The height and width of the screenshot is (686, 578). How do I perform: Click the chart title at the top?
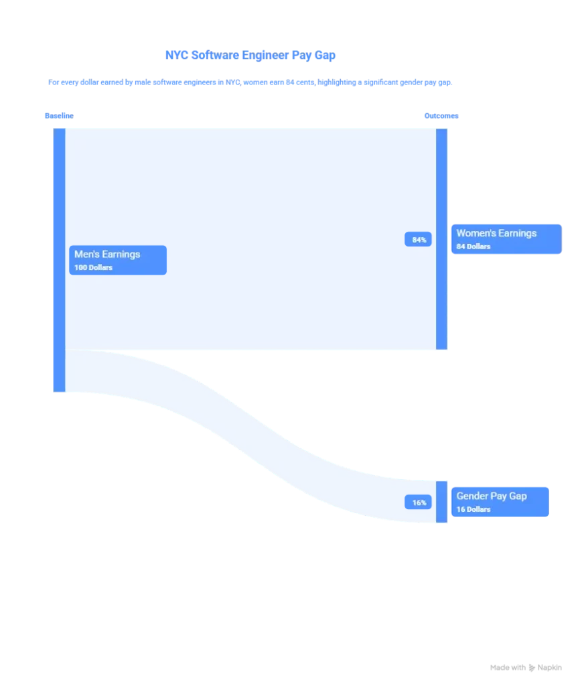tap(249, 57)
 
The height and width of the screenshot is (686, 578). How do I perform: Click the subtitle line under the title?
tap(251, 83)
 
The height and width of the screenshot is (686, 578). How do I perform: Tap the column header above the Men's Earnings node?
tap(59, 117)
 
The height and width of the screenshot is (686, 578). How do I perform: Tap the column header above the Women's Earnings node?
tap(442, 117)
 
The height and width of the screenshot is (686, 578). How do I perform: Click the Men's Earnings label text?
tap(107, 255)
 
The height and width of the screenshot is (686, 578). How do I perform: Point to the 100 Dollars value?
tap(93, 268)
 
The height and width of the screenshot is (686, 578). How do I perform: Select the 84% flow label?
tap(419, 240)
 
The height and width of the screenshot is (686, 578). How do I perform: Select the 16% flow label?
tap(419, 502)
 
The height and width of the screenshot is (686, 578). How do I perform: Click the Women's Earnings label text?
tap(496, 233)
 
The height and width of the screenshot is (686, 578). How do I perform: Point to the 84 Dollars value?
tap(474, 247)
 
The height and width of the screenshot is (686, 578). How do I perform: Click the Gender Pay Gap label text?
tap(492, 496)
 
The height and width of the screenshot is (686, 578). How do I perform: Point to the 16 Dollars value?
tap(474, 509)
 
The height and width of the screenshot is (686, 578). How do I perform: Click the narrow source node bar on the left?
tap(58, 260)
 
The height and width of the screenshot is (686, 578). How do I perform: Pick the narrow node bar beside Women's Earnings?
tap(441, 238)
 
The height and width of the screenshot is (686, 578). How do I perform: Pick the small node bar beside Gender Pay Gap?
tap(441, 501)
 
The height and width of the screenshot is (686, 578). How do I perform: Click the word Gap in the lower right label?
tap(518, 496)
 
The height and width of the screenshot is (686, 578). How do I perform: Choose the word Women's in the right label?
tap(476, 233)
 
